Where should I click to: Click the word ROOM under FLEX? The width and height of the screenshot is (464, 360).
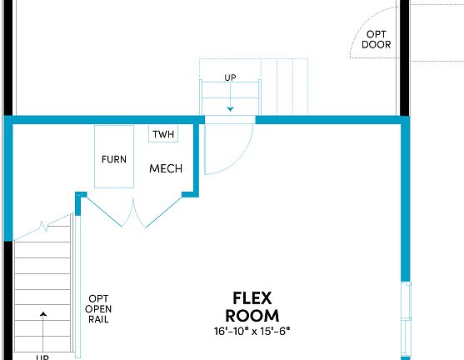pyautogui.click(x=252, y=316)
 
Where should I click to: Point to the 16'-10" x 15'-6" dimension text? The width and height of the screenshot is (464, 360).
pyautogui.click(x=252, y=331)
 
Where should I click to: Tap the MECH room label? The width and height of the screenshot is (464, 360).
pyautogui.click(x=165, y=169)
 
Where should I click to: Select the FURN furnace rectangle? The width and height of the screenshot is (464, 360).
pyautogui.click(x=114, y=157)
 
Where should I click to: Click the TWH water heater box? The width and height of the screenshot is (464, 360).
pyautogui.click(x=162, y=135)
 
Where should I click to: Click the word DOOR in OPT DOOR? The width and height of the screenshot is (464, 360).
pyautogui.click(x=376, y=45)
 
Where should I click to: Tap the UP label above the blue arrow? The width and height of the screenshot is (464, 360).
pyautogui.click(x=230, y=78)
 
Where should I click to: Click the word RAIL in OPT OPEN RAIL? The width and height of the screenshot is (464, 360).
pyautogui.click(x=98, y=319)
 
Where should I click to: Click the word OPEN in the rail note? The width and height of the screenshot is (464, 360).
pyautogui.click(x=98, y=309)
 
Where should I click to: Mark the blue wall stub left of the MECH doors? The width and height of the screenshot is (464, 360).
pyautogui.click(x=80, y=197)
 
